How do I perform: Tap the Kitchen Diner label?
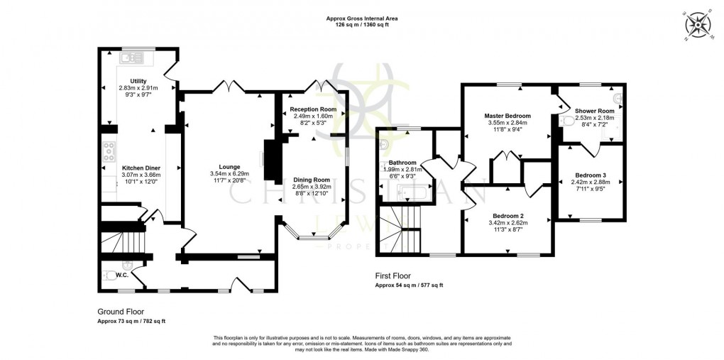[x=124, y=168]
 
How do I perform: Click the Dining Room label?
[x=312, y=180]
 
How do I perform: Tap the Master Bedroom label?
[x=508, y=115]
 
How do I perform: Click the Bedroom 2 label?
[x=508, y=215]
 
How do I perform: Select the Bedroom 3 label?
[x=591, y=175]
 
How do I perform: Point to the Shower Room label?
[x=594, y=110]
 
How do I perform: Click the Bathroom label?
[x=402, y=163]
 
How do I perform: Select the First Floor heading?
[x=393, y=276]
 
